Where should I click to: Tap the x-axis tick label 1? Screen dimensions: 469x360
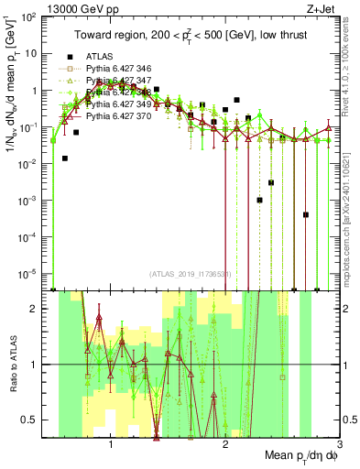coord(111,443)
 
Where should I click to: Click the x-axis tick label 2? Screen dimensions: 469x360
coord(225,443)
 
